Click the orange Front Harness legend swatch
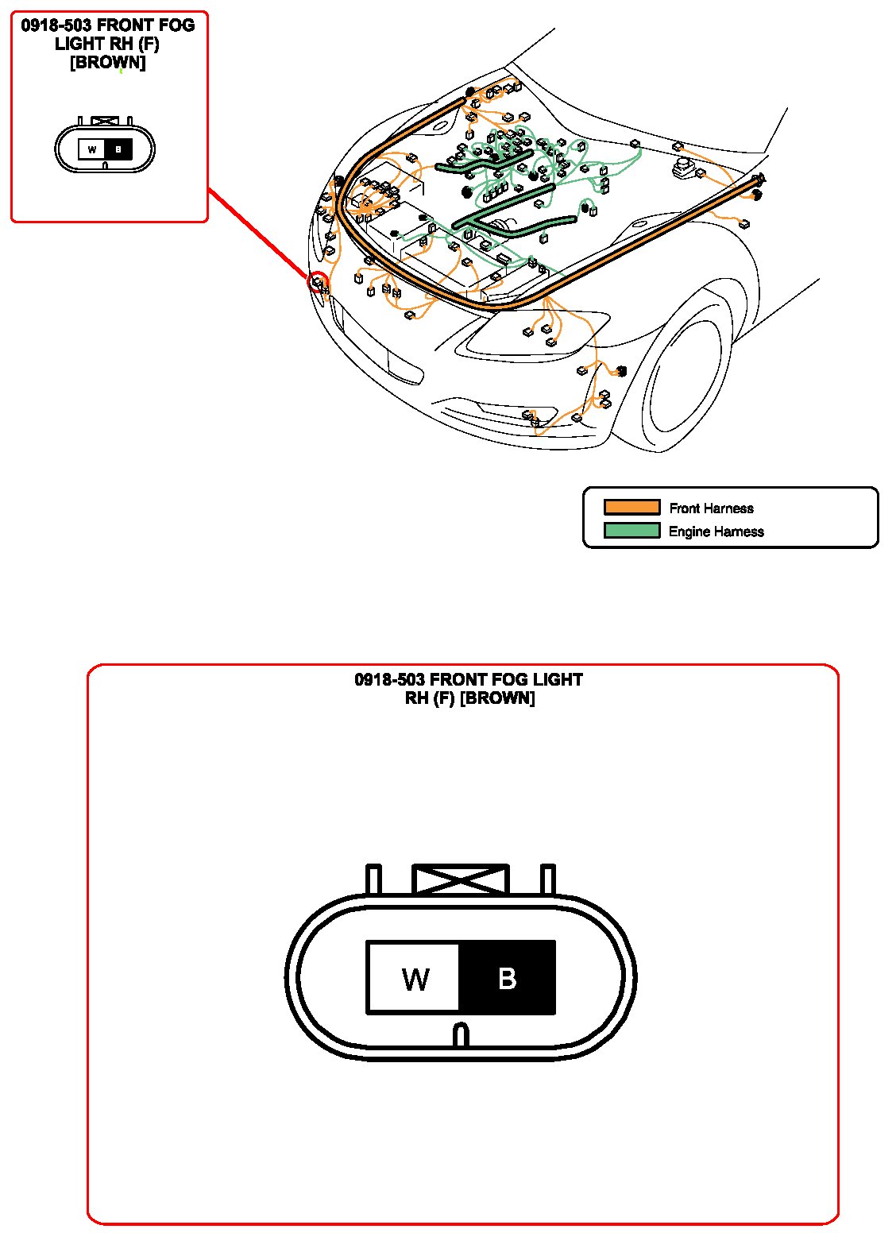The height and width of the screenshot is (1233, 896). coord(631,507)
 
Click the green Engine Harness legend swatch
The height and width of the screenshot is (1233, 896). coord(631,530)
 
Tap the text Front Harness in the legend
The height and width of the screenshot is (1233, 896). coord(711,508)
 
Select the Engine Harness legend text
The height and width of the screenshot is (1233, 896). coord(716,531)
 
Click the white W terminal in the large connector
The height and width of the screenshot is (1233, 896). coord(414,977)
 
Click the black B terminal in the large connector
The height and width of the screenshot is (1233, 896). coord(507,977)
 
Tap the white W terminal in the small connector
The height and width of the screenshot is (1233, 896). coord(92,149)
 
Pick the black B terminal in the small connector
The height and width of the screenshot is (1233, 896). coord(118,149)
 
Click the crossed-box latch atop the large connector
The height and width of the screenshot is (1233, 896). coord(461,879)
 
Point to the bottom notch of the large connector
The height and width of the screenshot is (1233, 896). coord(461,1034)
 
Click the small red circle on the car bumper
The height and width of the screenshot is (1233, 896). coord(319,281)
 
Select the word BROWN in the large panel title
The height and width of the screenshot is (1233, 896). coord(497,698)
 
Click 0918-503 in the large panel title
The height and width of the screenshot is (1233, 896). coord(389,680)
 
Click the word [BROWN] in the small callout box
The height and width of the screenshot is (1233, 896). coord(108,63)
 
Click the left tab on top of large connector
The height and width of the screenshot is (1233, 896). coord(373,879)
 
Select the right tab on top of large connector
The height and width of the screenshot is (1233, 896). coord(547,879)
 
